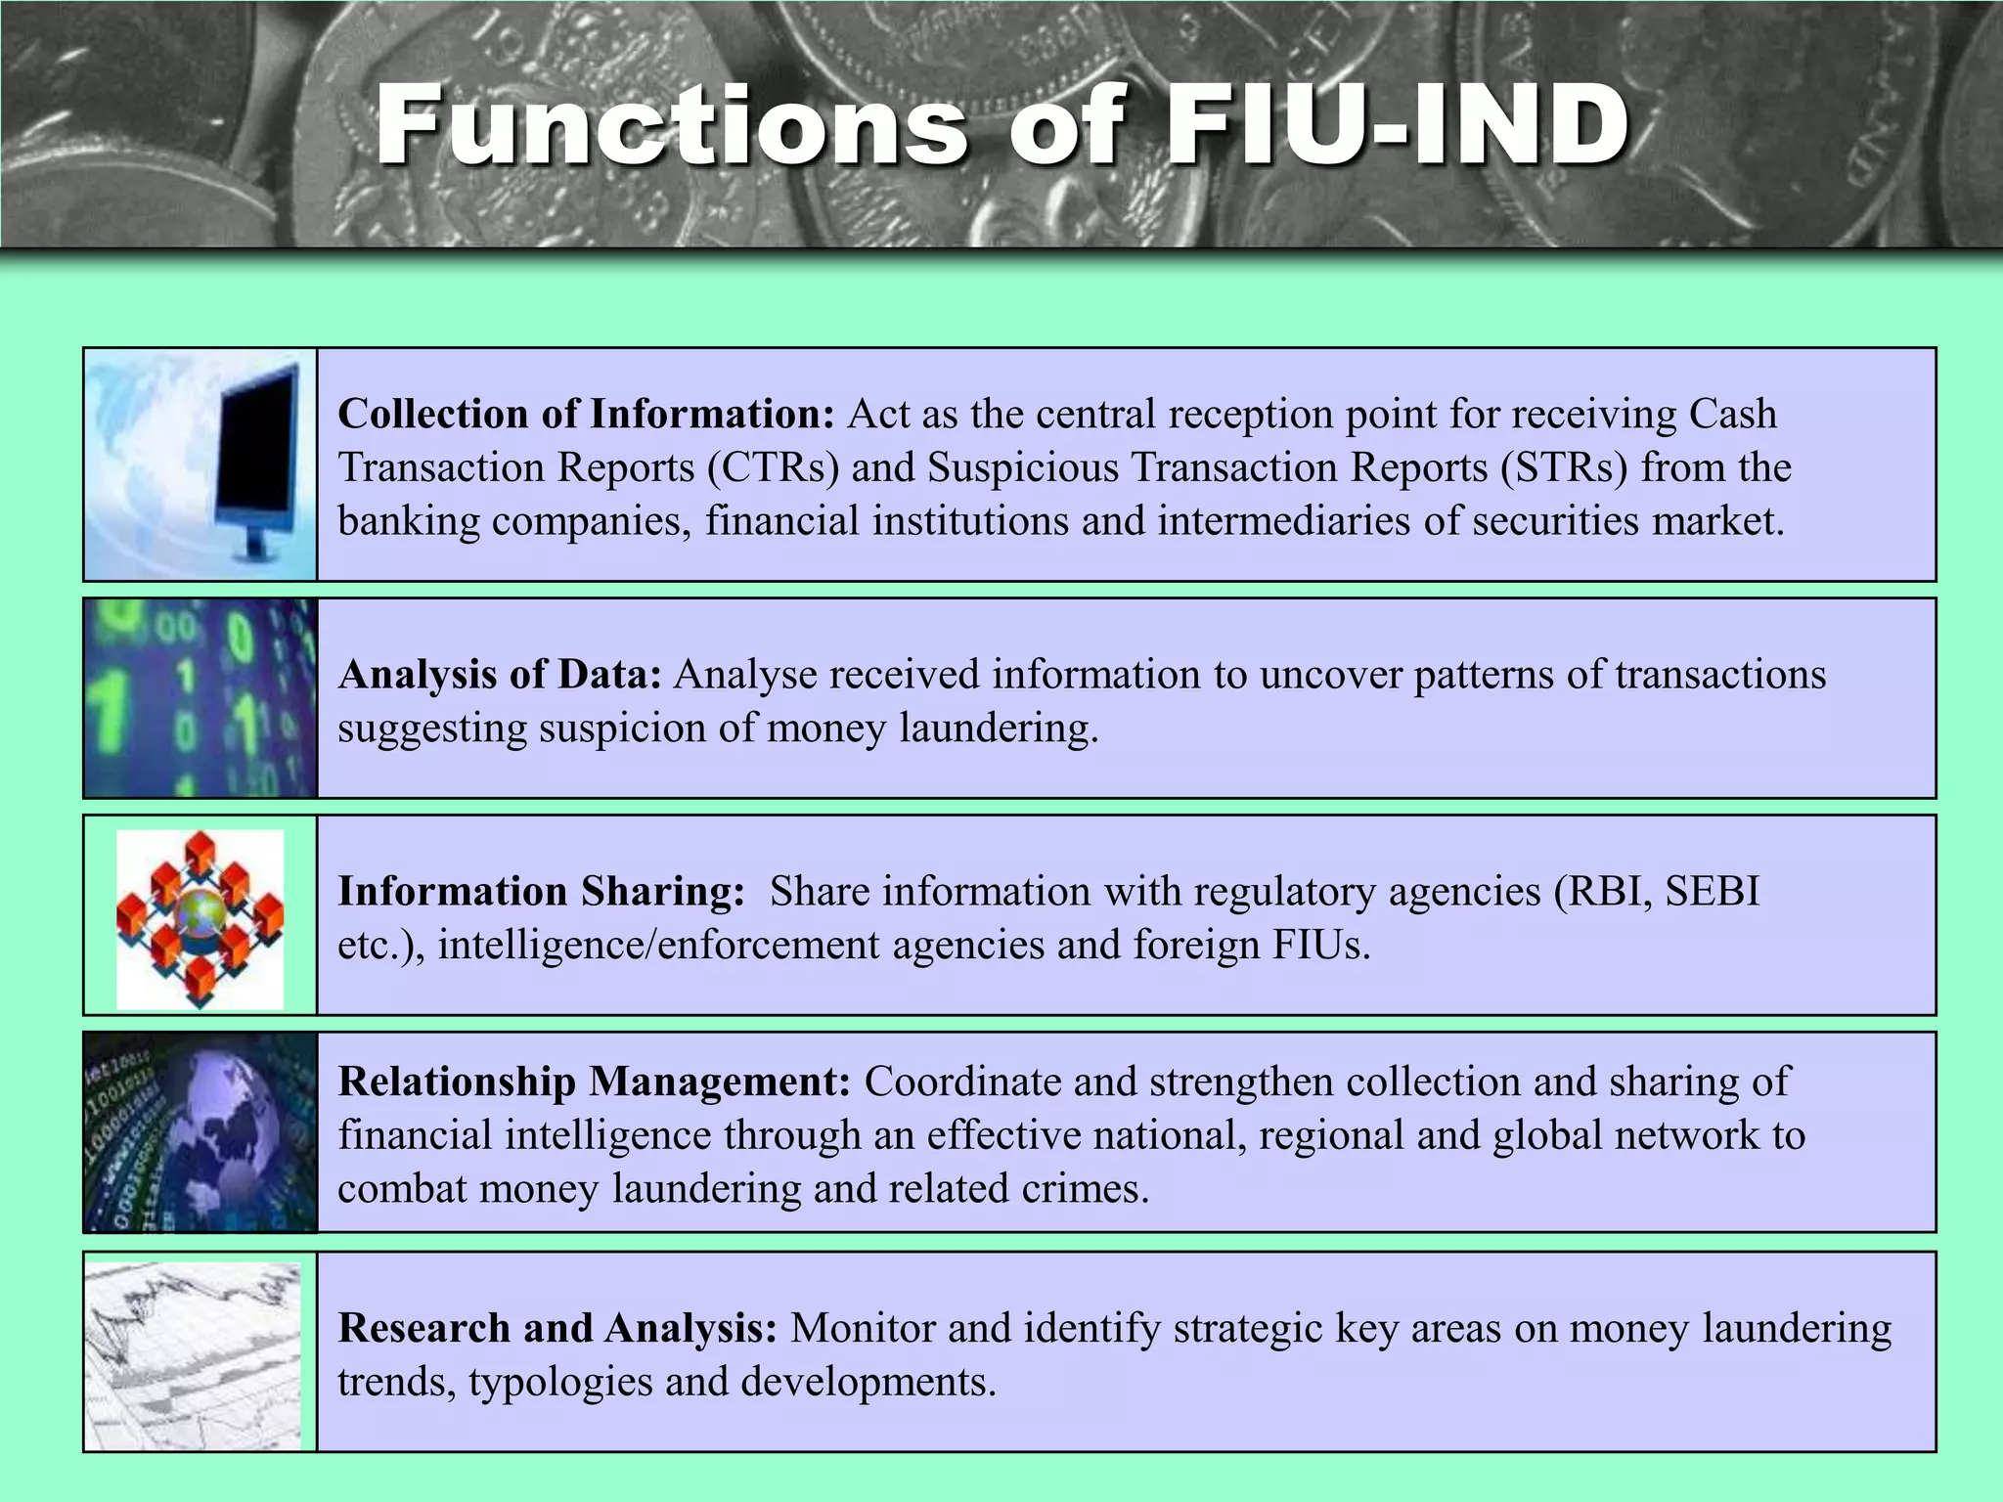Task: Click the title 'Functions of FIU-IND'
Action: (x=1002, y=125)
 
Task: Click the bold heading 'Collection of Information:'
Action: (x=585, y=415)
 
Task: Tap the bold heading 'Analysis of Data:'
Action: (x=500, y=675)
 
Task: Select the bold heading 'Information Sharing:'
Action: (x=541, y=892)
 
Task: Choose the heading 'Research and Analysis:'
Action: (x=557, y=1328)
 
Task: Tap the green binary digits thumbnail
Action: (x=200, y=698)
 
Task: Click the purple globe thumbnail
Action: (x=200, y=1131)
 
